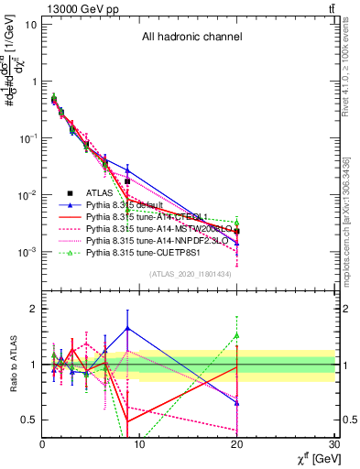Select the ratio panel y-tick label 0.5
click(28, 420)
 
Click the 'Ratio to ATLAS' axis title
click(12, 365)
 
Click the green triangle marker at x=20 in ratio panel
click(237, 335)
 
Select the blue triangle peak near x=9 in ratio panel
click(127, 327)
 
